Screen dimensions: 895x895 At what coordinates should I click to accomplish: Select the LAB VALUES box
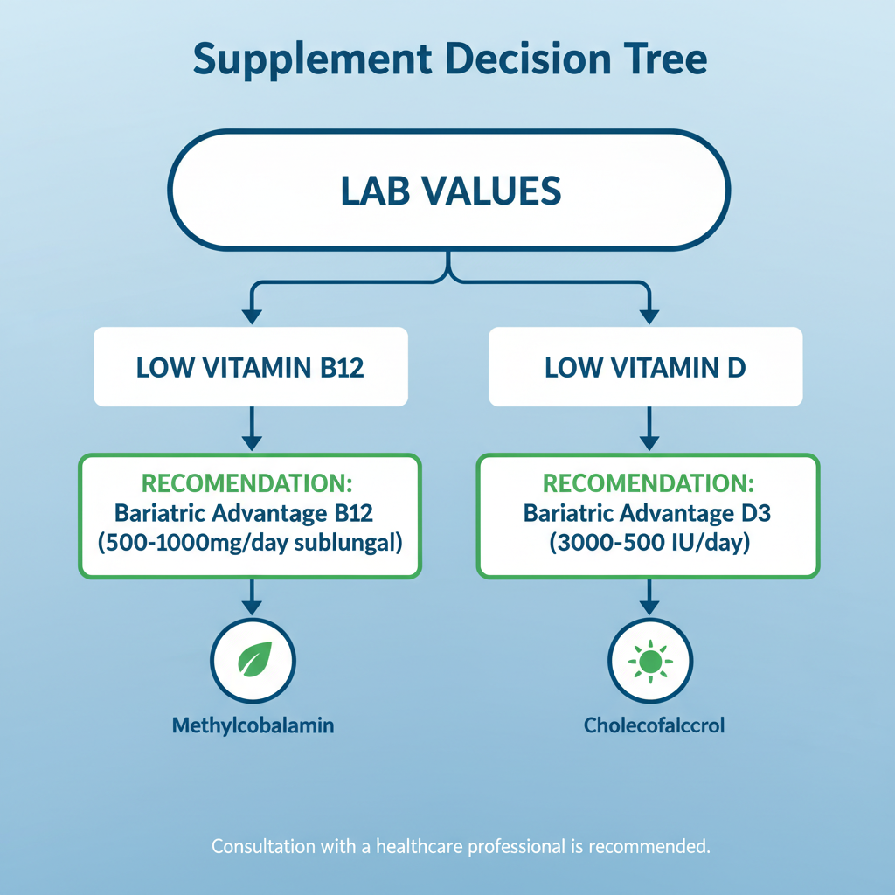point(448,190)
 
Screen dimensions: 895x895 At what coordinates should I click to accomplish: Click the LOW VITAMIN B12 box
point(251,366)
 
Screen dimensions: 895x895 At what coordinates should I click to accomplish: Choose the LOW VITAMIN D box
point(646,366)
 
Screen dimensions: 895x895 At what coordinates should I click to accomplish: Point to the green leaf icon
point(254,659)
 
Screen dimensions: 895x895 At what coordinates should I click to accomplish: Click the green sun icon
point(650,661)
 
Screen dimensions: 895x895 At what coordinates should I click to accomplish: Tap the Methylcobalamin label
point(253,725)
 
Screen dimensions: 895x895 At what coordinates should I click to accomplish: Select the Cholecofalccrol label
point(654,725)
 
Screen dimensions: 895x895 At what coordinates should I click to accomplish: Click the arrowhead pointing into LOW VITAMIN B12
point(252,316)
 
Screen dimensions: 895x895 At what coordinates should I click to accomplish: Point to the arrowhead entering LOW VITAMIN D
point(649,316)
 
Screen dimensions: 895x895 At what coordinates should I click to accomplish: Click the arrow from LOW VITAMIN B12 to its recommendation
point(252,428)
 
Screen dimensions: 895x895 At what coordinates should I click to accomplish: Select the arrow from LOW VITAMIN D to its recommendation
point(649,428)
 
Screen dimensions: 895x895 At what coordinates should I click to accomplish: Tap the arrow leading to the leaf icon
point(252,597)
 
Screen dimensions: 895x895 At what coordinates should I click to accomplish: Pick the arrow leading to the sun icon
point(649,597)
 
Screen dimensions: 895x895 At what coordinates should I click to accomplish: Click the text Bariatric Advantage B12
point(244,513)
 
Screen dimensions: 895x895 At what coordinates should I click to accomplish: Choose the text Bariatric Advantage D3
point(648,513)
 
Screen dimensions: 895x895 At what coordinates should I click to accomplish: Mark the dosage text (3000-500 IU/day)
point(649,542)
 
